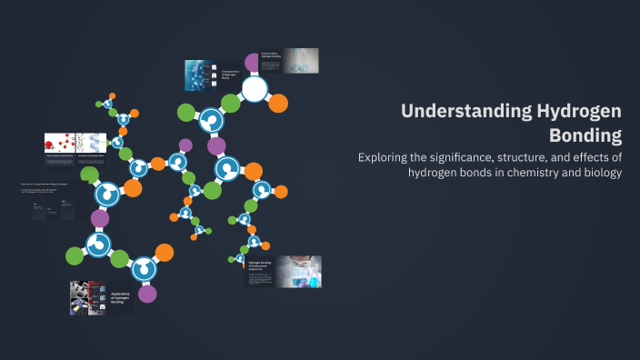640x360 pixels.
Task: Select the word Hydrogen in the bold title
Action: [x=579, y=112]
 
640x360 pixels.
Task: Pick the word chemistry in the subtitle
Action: [x=534, y=173]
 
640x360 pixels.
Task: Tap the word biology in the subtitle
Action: [x=597, y=173]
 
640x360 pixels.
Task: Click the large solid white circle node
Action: [x=255, y=89]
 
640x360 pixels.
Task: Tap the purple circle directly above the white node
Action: [x=253, y=62]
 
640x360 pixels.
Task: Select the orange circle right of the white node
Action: [x=278, y=102]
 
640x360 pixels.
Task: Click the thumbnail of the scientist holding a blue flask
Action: [x=299, y=271]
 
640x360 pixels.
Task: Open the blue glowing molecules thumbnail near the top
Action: [x=199, y=75]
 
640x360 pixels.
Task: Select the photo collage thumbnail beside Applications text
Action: [x=87, y=297]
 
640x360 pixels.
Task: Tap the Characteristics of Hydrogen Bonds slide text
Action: [x=231, y=75]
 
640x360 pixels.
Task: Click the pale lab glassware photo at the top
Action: [x=300, y=60]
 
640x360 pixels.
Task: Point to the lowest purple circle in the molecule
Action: [x=147, y=293]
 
